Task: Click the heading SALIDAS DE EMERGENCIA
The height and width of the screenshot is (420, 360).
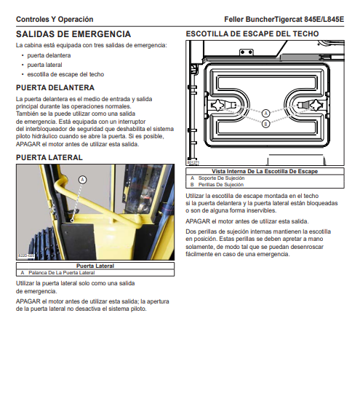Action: (73, 34)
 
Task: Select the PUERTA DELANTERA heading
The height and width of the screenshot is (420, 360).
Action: (55, 88)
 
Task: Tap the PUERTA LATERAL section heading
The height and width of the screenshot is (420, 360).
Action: (49, 157)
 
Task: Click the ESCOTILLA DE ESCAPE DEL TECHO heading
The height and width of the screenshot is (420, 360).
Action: (252, 34)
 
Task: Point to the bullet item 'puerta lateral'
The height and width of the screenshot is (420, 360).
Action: (44, 65)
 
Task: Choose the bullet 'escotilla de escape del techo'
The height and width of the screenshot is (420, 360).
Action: (65, 74)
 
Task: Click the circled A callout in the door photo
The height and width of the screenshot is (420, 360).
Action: (82, 180)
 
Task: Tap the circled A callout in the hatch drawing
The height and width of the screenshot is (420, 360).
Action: (265, 114)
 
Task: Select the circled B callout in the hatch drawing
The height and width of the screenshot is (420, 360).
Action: (265, 124)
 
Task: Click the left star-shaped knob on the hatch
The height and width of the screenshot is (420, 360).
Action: (217, 105)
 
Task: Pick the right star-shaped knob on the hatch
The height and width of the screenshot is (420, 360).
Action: (316, 105)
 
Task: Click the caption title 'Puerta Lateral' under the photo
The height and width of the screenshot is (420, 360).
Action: (95, 266)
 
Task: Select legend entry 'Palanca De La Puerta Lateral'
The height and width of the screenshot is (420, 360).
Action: (62, 273)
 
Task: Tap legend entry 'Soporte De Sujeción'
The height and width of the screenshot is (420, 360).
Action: (221, 178)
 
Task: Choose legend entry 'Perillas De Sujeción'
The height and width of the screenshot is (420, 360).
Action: (221, 185)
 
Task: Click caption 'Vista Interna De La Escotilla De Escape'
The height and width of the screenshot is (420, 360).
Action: (265, 172)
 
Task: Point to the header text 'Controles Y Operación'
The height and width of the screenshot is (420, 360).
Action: (55, 19)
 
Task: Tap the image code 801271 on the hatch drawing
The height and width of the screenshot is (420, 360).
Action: (193, 162)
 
